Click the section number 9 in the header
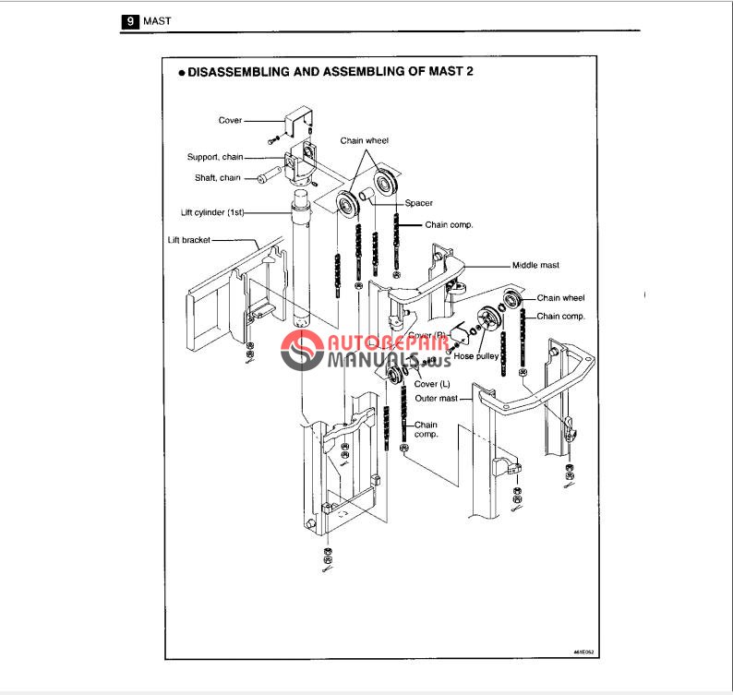coord(130,18)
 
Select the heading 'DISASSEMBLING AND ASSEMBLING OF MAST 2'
coord(330,71)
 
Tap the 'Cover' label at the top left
coord(230,120)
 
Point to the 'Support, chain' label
coord(214,157)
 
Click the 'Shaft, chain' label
coord(218,178)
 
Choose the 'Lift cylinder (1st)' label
coord(210,212)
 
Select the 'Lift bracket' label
coord(189,239)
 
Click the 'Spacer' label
coord(419,203)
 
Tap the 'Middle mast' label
coord(535,265)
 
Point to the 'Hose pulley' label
coord(475,354)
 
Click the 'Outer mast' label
coord(437,399)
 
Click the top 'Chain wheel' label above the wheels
coord(365,140)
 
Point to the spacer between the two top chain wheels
coord(366,195)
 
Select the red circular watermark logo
coord(301,351)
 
